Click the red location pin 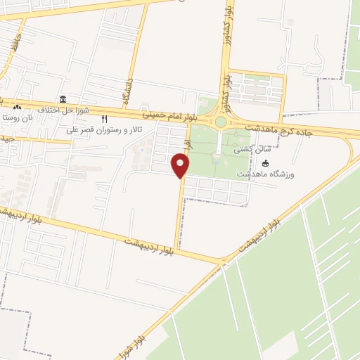(180, 166)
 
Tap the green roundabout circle (221, 122)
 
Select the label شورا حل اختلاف (64, 109)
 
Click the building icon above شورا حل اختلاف (64, 98)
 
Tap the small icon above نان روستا (17, 108)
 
